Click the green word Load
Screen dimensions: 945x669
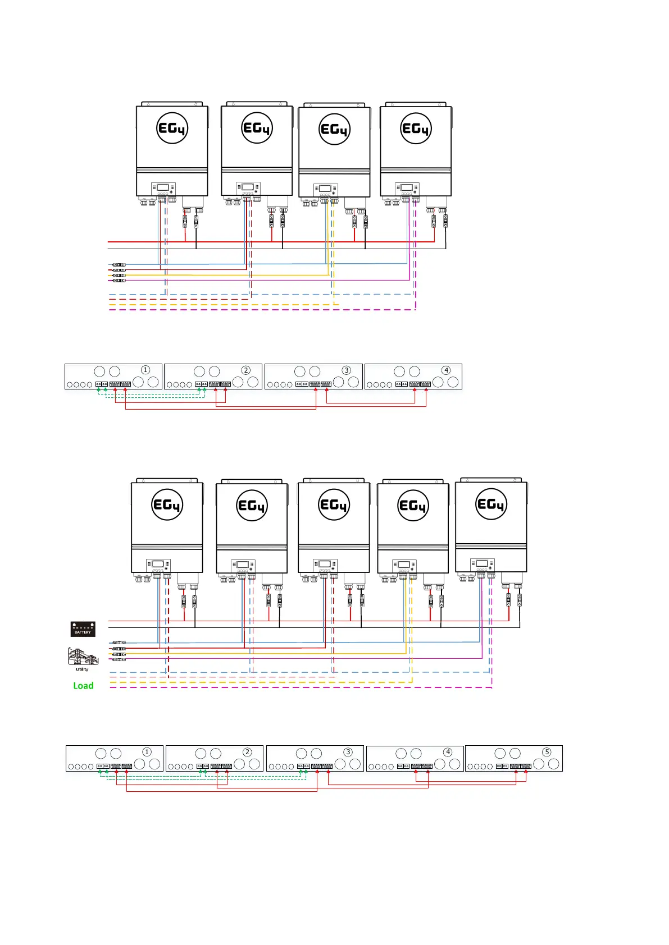(x=83, y=686)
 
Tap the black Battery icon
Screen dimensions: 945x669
(x=83, y=629)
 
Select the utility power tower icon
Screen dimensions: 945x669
(x=82, y=657)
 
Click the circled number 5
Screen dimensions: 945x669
(x=547, y=752)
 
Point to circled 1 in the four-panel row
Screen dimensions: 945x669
(x=145, y=370)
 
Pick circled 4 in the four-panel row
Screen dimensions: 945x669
(x=446, y=370)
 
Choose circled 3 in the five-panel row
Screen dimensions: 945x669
(x=348, y=752)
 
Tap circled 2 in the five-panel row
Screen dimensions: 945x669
(x=247, y=752)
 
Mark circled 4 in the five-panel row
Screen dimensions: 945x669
(x=447, y=752)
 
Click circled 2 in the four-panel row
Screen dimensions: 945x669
(x=245, y=370)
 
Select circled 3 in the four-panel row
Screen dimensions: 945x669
(x=346, y=370)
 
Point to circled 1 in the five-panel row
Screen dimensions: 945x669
(x=147, y=752)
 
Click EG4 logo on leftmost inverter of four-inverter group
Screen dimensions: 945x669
(x=172, y=129)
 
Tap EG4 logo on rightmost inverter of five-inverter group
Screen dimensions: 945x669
(x=491, y=504)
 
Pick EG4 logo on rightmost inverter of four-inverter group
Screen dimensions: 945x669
(x=416, y=129)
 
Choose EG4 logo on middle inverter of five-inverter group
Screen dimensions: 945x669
(x=334, y=504)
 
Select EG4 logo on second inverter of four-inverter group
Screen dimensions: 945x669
(x=257, y=128)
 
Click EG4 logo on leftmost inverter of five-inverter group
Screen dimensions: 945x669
(x=167, y=505)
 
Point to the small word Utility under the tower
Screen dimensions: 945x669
(x=82, y=669)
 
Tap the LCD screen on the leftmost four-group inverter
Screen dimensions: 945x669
(x=163, y=187)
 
